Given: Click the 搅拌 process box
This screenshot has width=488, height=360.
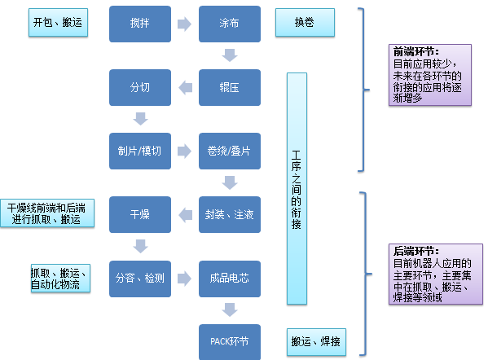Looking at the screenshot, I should click(140, 24).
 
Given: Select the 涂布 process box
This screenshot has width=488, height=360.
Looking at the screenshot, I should click(230, 24).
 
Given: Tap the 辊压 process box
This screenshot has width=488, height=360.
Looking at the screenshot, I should click(230, 87).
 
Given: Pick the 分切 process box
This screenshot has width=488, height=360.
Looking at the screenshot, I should click(140, 87).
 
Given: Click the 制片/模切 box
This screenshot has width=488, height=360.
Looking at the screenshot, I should click(140, 151).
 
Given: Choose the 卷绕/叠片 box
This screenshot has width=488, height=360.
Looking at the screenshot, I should click(230, 151).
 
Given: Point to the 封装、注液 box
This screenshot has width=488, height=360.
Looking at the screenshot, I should click(230, 215).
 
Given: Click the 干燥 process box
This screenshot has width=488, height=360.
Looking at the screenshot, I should click(140, 215).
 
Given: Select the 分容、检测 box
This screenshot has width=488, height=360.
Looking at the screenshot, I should click(140, 279).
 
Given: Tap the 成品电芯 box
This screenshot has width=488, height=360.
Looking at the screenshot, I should click(230, 279).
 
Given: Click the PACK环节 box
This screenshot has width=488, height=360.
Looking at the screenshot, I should click(230, 341).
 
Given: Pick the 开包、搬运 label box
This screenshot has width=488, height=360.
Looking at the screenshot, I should click(58, 24).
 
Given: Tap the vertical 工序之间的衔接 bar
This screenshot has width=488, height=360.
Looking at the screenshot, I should click(297, 190).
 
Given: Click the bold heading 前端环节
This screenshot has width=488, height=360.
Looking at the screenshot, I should click(415, 51).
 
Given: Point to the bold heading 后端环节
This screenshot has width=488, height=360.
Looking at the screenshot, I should click(415, 252).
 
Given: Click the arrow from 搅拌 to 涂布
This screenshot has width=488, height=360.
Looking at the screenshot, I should click(185, 24).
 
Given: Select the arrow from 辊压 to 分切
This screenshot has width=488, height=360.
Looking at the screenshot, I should click(185, 87).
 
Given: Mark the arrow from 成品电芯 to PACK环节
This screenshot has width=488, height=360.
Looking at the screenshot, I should click(230, 310).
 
